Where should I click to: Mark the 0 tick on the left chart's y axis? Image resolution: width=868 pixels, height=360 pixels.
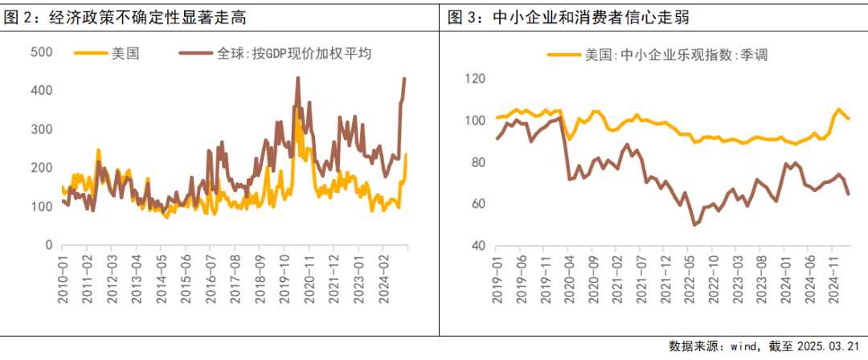pyautogui.click(x=49, y=245)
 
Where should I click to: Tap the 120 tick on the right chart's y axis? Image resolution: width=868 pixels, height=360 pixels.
pyautogui.click(x=475, y=79)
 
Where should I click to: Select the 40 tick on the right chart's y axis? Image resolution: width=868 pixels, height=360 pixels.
pyautogui.click(x=479, y=245)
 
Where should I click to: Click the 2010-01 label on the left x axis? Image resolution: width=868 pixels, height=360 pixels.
pyautogui.click(x=62, y=278)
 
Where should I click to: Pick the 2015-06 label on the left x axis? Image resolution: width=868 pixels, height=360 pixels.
pyautogui.click(x=186, y=278)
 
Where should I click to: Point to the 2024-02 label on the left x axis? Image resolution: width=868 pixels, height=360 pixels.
pyautogui.click(x=385, y=278)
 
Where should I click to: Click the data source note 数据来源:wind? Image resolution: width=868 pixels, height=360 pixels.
pyautogui.click(x=711, y=346)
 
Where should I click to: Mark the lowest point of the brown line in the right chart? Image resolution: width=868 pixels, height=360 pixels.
pyautogui.click(x=694, y=225)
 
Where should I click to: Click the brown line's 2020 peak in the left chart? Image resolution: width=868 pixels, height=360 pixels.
pyautogui.click(x=298, y=78)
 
